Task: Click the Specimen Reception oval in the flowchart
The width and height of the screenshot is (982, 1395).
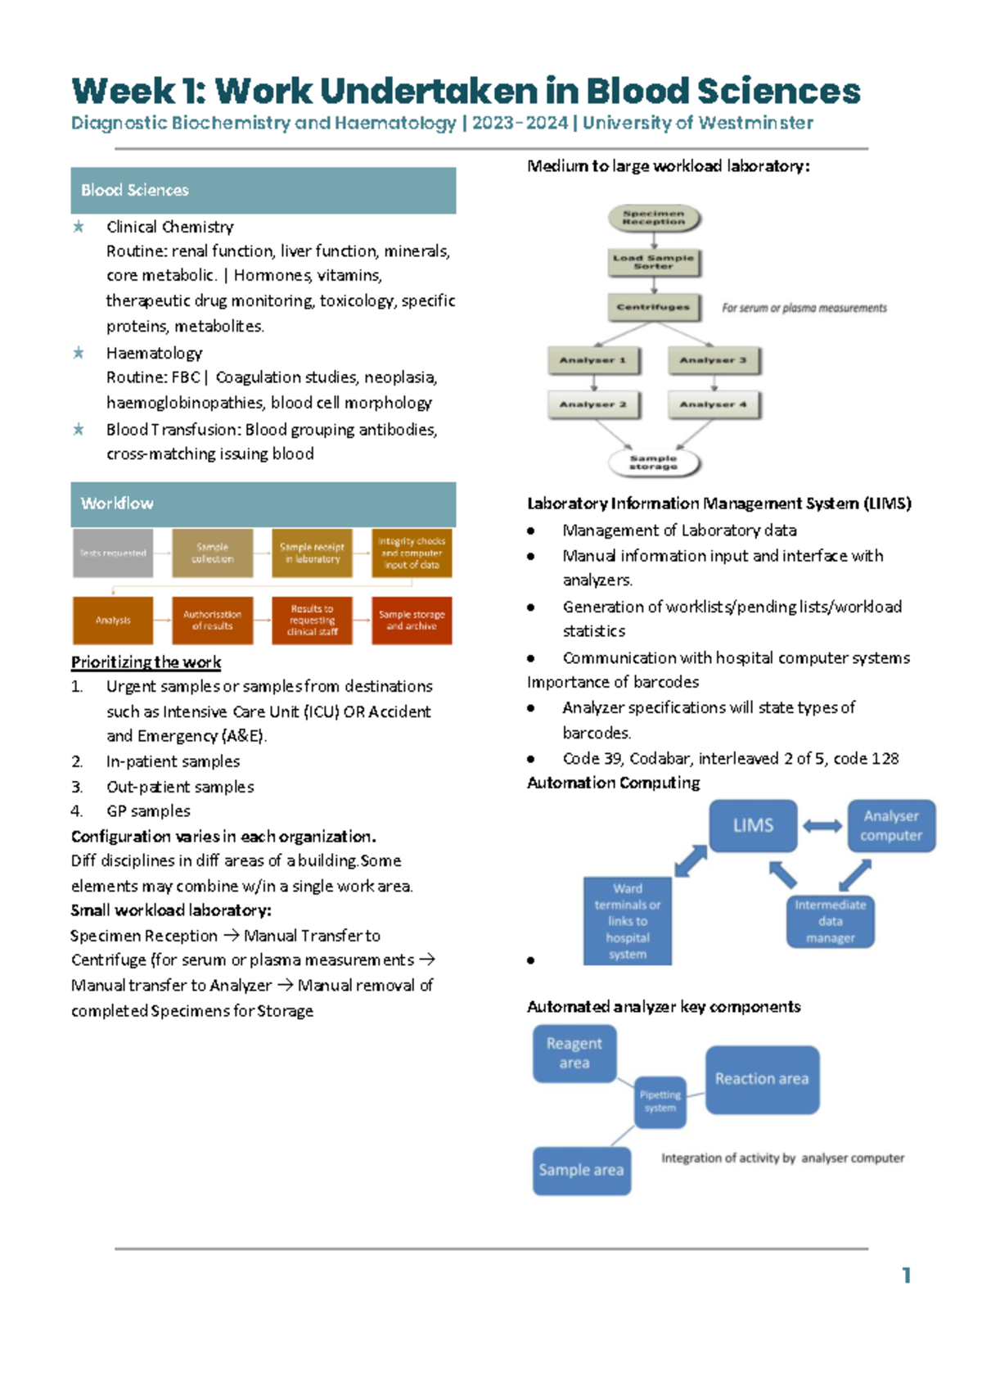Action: coord(653,218)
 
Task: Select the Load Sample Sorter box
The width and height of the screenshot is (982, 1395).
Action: coord(653,262)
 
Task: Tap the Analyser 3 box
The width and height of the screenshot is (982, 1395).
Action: coord(713,360)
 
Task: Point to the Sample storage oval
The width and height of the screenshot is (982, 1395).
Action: coord(653,463)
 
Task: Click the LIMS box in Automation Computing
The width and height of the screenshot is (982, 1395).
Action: coord(753,825)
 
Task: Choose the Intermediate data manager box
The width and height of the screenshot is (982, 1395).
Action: coord(830,921)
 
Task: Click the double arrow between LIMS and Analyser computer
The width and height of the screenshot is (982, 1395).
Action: coord(822,826)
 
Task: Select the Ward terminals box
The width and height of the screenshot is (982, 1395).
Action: coord(627,921)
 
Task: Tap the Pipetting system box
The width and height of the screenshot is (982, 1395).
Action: coord(660,1101)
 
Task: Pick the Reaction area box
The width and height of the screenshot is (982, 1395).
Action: coord(761,1079)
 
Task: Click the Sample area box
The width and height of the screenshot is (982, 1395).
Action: coord(581,1171)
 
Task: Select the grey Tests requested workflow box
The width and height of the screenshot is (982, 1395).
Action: coord(113,553)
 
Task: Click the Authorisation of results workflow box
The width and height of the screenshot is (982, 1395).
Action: coord(212,621)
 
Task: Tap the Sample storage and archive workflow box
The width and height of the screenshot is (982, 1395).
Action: coord(412,621)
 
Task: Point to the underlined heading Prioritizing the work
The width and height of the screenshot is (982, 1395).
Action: coord(146,661)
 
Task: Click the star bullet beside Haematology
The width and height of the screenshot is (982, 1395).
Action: coord(79,353)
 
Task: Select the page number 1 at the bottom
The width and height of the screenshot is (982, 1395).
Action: coord(906,1275)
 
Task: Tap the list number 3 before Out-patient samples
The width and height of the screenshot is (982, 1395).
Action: coord(76,787)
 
